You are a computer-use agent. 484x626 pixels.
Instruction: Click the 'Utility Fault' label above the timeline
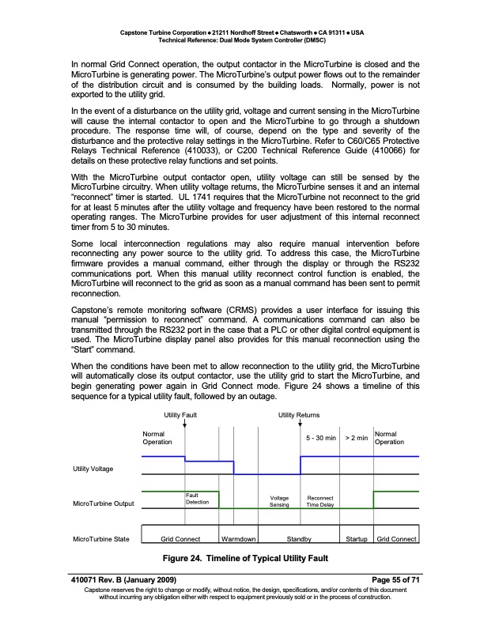pyautogui.click(x=181, y=415)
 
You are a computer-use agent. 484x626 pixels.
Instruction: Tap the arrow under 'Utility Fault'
pyautogui.click(x=184, y=424)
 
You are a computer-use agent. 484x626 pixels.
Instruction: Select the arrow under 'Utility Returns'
pyautogui.click(x=301, y=424)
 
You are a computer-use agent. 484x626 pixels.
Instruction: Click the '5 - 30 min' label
pyautogui.click(x=321, y=436)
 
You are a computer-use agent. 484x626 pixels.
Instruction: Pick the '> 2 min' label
pyautogui.click(x=357, y=436)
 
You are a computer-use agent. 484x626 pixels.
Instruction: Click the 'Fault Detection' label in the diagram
pyautogui.click(x=197, y=500)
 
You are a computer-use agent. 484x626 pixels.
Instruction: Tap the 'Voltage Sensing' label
pyautogui.click(x=280, y=500)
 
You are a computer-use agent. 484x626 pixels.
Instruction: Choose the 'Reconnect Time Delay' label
pyautogui.click(x=322, y=500)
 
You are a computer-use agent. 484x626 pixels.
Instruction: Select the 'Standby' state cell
pyautogui.click(x=299, y=539)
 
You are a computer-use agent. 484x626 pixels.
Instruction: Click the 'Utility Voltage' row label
pyautogui.click(x=93, y=469)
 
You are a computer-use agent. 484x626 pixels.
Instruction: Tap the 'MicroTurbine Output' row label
pyautogui.click(x=103, y=503)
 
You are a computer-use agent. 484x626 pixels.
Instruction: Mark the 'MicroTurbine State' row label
pyautogui.click(x=100, y=539)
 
